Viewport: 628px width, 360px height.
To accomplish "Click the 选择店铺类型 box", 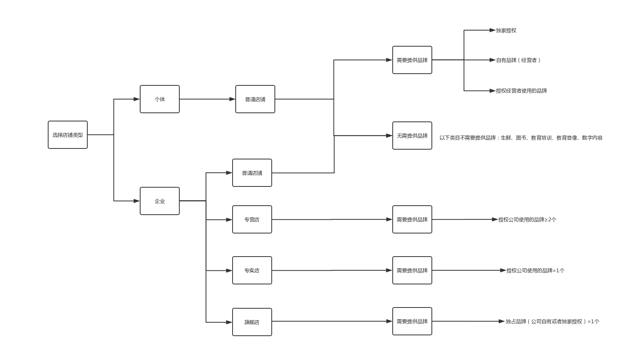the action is click(68, 135).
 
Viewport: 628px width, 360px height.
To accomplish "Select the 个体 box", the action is click(159, 99).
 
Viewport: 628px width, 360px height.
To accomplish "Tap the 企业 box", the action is click(159, 201).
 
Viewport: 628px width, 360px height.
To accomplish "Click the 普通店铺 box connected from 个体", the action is click(255, 99).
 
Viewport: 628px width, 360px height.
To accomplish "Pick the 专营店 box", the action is click(252, 219).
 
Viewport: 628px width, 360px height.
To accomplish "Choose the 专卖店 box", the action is click(252, 270).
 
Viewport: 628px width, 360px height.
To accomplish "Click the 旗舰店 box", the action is click(252, 322).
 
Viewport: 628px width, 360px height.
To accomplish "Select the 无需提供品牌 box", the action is click(412, 136).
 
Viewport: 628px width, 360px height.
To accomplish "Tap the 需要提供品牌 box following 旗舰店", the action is click(412, 321).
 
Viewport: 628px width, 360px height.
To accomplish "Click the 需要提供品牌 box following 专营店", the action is click(412, 219).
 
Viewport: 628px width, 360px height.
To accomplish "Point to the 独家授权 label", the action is click(506, 30).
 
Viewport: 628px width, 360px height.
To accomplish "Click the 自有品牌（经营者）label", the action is click(518, 60).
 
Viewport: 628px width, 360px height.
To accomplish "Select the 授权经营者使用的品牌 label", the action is click(522, 90).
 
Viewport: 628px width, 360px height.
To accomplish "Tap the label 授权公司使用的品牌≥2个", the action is click(527, 219).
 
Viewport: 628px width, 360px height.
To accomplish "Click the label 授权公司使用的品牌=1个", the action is click(536, 271).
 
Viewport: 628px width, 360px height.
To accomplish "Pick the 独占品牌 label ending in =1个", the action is click(552, 321).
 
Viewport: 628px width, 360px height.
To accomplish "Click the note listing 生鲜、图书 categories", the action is click(521, 138).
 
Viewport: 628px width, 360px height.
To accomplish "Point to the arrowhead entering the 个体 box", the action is click(137, 99).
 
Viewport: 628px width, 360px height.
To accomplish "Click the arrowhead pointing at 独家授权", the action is click(492, 30).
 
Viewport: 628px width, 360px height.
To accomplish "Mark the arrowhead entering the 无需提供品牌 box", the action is click(389, 136).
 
